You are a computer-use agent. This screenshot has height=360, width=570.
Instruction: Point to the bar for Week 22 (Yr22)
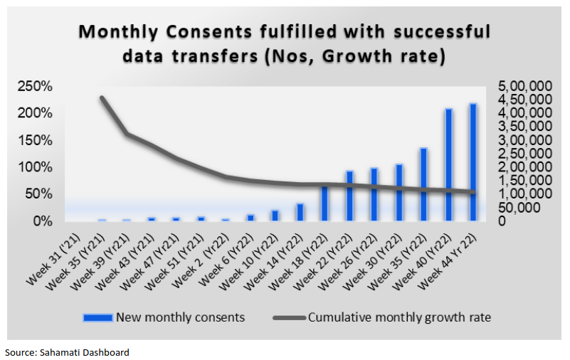[349, 196]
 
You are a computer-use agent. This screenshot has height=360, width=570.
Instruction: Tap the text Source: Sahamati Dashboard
[68, 352]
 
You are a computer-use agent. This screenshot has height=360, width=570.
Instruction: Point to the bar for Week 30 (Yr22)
[399, 192]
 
